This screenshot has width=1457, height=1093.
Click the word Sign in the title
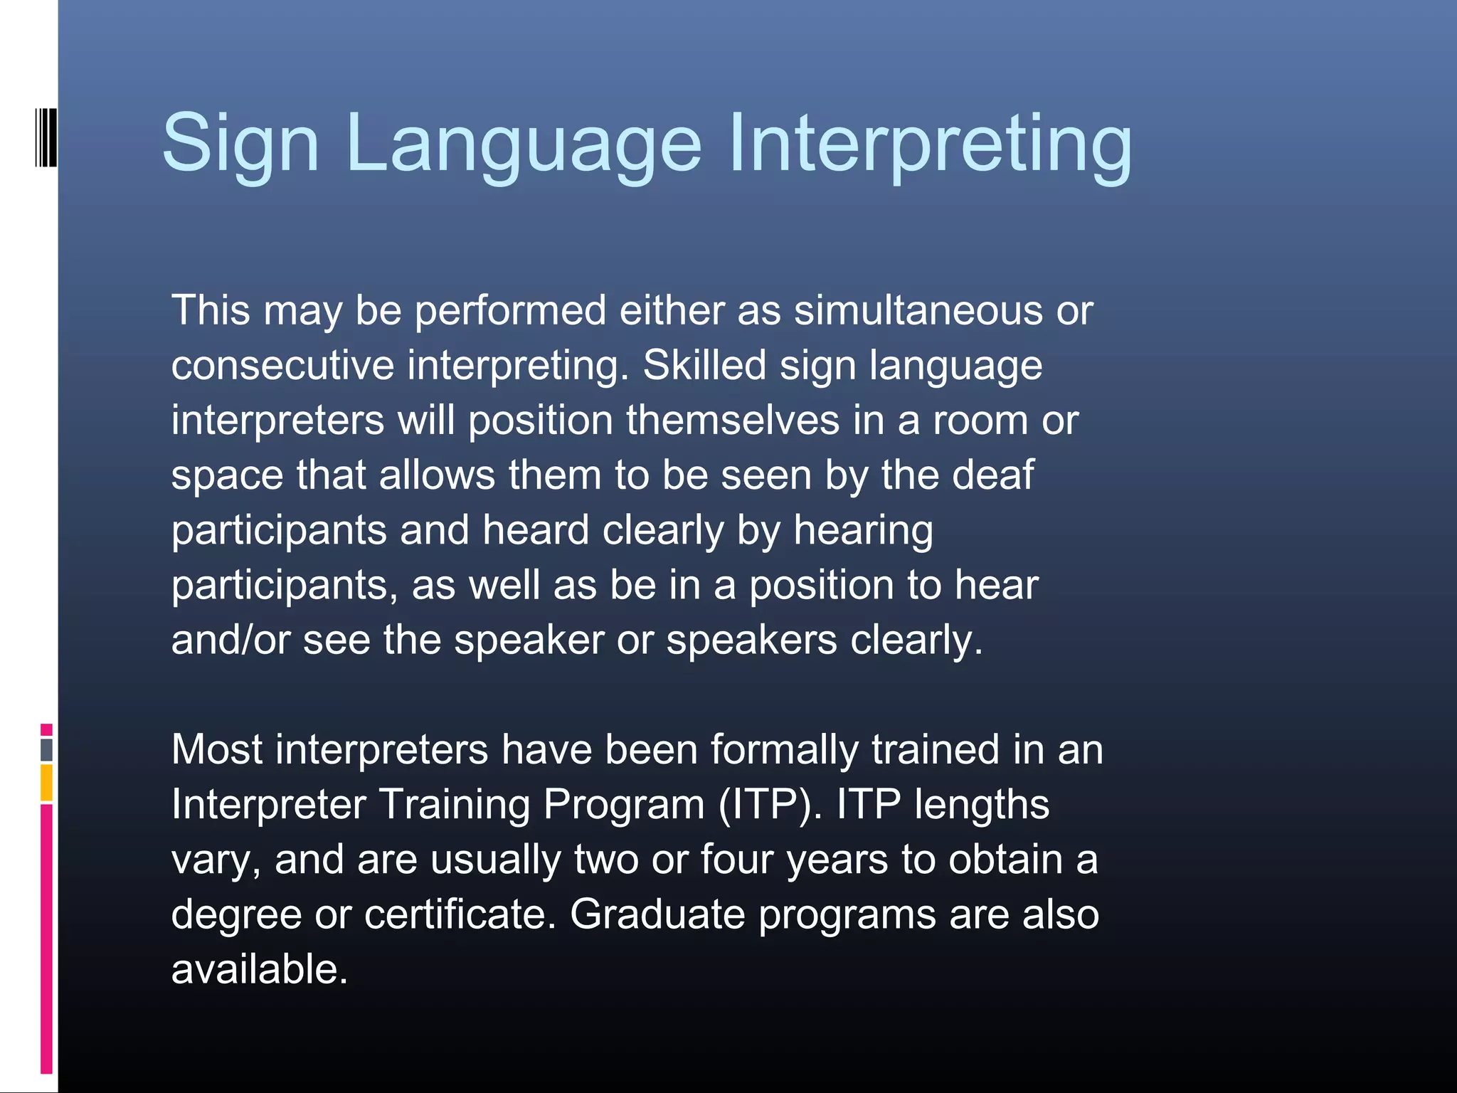[x=240, y=144]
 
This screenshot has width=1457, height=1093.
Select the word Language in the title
[x=524, y=144]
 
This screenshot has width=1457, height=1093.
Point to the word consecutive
[x=282, y=366]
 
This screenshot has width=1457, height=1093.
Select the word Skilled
[x=704, y=366]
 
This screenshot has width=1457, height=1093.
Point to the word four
[x=736, y=860]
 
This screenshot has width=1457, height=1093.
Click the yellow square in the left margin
[x=46, y=782]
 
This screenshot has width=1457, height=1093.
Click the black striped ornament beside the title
[x=46, y=137]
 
